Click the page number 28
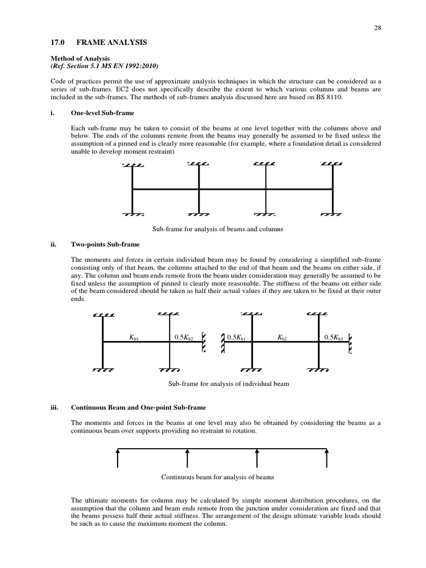pyautogui.click(x=378, y=27)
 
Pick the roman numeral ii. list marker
pyautogui.click(x=53, y=244)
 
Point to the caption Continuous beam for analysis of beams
pyautogui.click(x=217, y=476)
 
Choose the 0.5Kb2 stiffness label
pyautogui.click(x=184, y=337)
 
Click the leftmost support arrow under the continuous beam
pyautogui.click(x=118, y=459)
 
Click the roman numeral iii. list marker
pyautogui.click(x=54, y=407)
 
